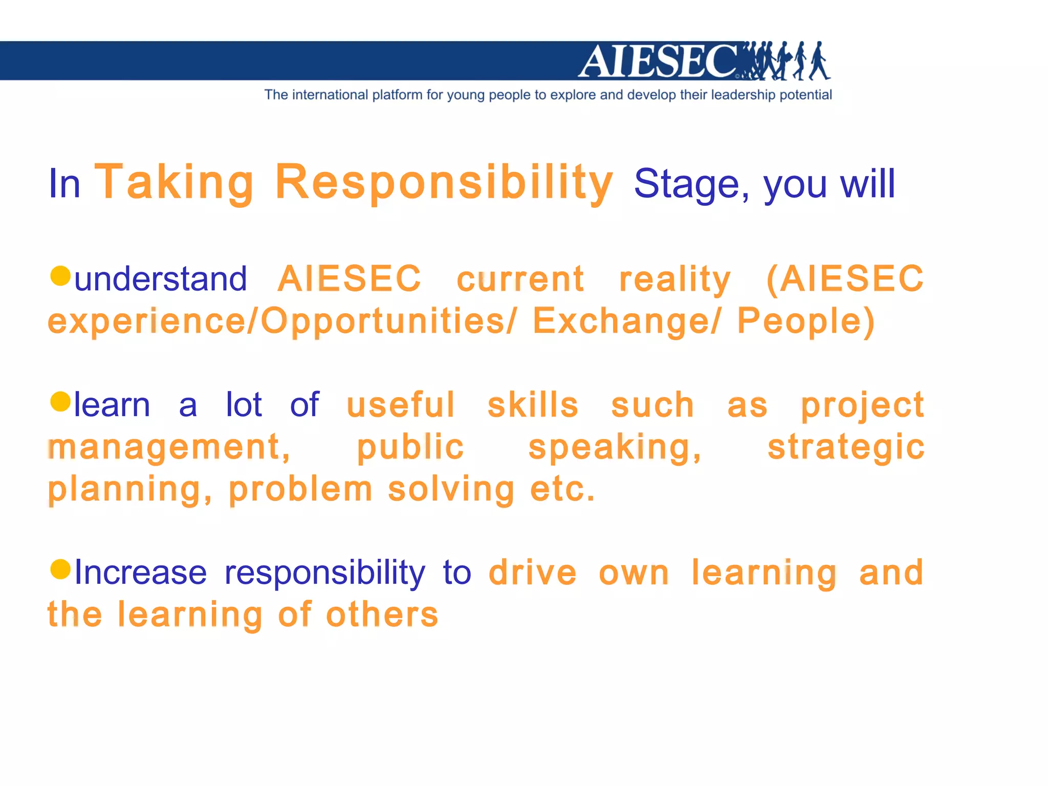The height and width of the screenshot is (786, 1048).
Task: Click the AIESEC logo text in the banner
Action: tap(658, 61)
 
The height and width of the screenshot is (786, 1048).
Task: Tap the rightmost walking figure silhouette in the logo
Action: tap(819, 61)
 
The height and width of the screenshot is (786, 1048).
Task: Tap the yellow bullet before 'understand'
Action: tap(60, 276)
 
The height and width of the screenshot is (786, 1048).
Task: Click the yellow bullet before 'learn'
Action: tap(60, 402)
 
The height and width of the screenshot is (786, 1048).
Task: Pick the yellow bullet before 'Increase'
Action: tap(60, 569)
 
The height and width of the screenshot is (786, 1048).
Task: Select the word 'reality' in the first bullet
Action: tap(675, 279)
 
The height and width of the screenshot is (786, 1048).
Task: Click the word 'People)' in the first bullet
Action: tap(806, 321)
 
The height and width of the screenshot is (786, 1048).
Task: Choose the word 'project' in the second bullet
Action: tap(862, 406)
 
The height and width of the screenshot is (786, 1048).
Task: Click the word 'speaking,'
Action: tap(615, 447)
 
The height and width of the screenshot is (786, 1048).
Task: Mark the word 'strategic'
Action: tap(846, 447)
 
